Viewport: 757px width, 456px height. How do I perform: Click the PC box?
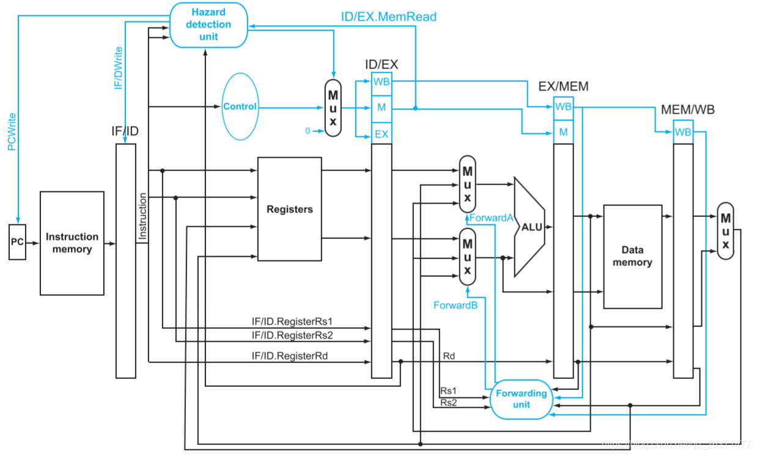coord(17,242)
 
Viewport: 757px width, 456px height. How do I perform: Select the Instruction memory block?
coord(72,243)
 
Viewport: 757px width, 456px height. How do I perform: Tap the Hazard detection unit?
coord(209,24)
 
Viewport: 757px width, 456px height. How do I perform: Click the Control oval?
coord(240,106)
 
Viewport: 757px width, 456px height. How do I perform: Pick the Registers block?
coord(289,209)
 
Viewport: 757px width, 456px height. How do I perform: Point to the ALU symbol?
coord(530,227)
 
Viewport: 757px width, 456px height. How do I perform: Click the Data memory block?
coord(632,257)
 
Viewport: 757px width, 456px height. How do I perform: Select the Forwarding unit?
coord(521,399)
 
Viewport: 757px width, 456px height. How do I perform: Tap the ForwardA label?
coord(491,218)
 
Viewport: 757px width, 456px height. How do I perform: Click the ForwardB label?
coord(455,305)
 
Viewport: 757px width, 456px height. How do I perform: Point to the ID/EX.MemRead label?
coord(388,17)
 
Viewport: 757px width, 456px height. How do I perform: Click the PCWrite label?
coord(12,131)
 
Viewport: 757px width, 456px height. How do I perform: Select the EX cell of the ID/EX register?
coord(382,134)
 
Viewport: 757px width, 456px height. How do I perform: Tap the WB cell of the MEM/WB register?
coord(683,131)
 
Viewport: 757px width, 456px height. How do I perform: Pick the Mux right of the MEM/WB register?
coord(725,231)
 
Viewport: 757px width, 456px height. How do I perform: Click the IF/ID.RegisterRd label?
coord(290,355)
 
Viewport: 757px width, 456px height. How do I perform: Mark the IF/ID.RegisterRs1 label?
coord(292,321)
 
